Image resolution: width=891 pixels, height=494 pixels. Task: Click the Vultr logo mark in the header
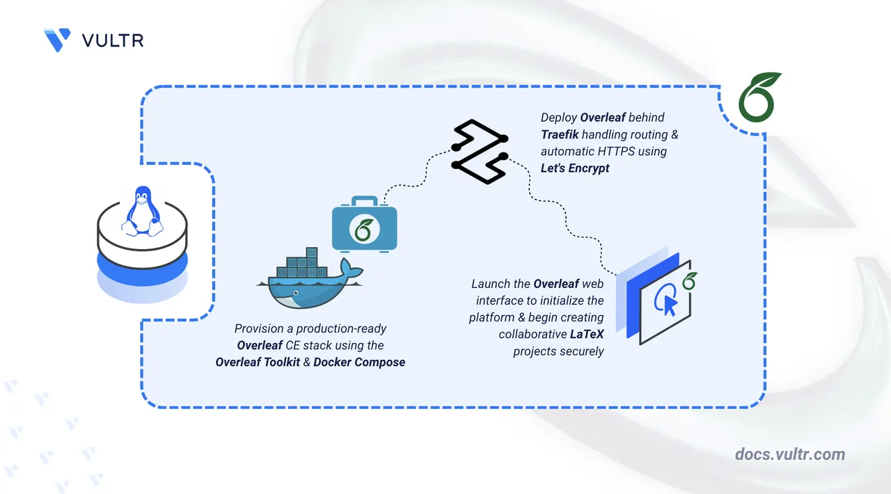57,40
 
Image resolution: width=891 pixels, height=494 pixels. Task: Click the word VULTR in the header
113,40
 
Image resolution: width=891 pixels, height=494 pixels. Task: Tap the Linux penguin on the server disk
142,209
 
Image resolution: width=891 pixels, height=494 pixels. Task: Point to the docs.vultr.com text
790,454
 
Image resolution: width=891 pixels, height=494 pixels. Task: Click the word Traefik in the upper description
562,134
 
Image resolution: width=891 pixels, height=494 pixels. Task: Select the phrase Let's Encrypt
575,168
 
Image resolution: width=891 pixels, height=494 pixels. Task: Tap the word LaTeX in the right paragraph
588,335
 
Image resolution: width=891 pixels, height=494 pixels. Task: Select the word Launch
491,284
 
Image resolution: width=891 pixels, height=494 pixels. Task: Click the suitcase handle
363,202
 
